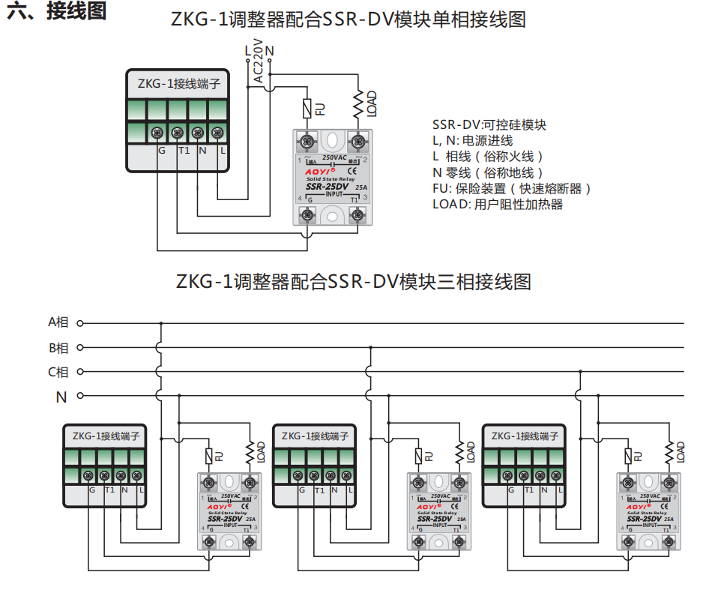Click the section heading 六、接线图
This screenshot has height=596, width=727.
click(56, 12)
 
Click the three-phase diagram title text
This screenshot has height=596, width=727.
click(354, 283)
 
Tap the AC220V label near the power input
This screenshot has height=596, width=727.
click(258, 60)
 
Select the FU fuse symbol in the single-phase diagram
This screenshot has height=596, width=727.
click(307, 108)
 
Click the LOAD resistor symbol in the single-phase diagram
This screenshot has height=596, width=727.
click(359, 103)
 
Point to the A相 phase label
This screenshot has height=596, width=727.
click(58, 323)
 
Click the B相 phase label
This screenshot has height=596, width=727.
click(58, 348)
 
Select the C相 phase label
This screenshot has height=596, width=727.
click(58, 372)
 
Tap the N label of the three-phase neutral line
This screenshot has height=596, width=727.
click(61, 397)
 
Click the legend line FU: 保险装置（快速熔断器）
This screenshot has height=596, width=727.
click(512, 188)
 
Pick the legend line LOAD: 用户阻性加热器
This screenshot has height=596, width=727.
click(498, 204)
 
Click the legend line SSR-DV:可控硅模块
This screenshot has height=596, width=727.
click(489, 124)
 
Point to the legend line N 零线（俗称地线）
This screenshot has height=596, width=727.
click(488, 172)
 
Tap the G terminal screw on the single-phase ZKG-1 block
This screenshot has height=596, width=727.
click(157, 133)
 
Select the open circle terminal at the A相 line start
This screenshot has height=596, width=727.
click(80, 324)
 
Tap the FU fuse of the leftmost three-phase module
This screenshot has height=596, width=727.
click(209, 454)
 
